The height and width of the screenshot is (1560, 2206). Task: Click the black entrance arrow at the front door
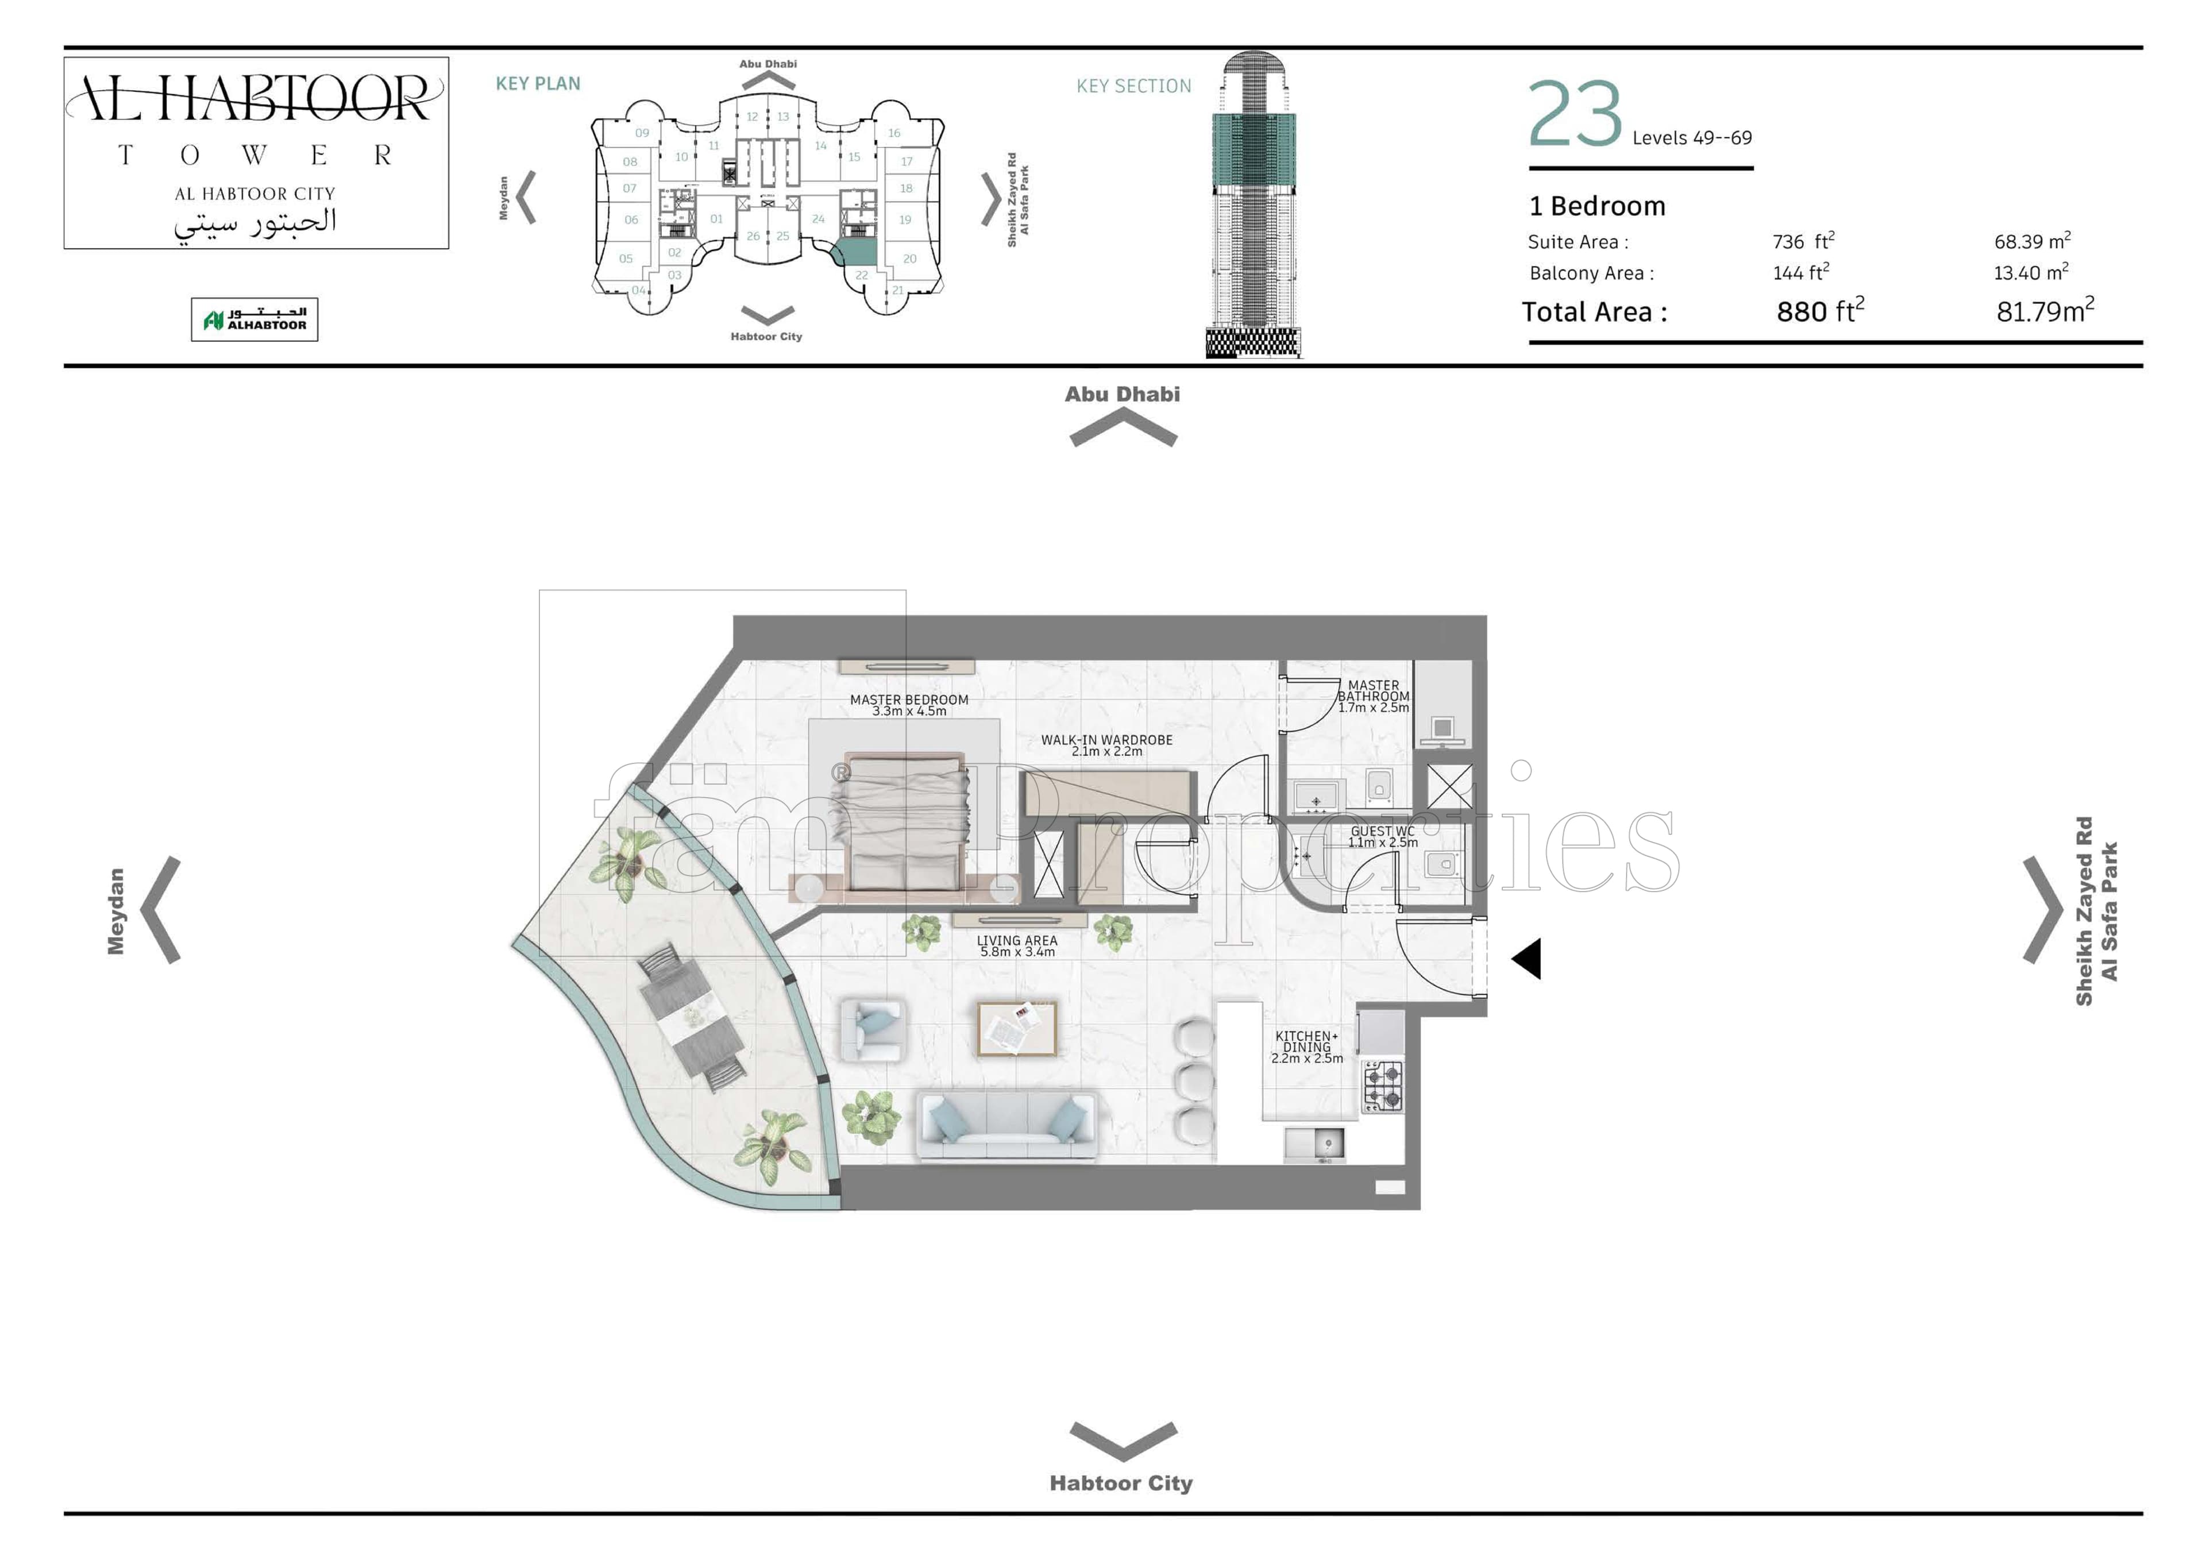tap(1527, 959)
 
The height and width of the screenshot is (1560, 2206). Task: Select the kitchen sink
tap(1314, 1143)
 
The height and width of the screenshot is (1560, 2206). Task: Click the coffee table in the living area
tap(1016, 1028)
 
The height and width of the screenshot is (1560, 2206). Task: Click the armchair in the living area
tap(873, 1030)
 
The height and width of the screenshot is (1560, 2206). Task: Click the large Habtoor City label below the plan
tap(1121, 1483)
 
